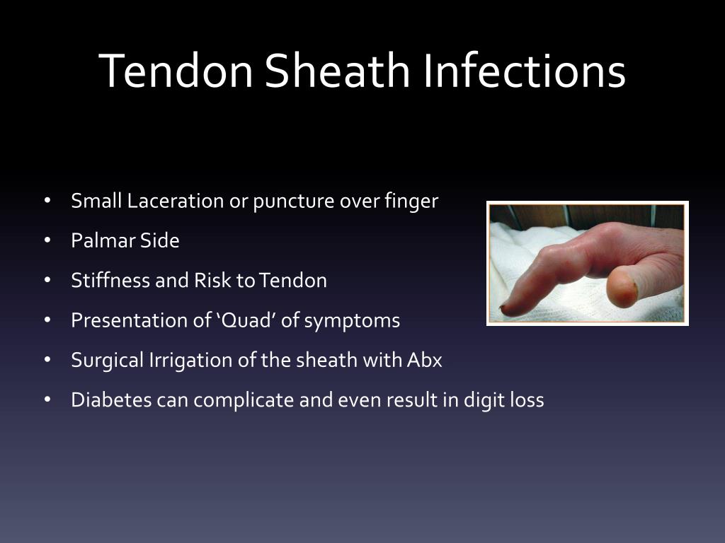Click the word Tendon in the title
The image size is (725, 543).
pos(176,71)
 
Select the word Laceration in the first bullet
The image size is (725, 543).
pos(176,201)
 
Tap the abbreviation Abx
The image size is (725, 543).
pos(425,360)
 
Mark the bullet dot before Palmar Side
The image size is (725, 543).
pos(47,240)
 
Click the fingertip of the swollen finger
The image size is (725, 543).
pos(506,310)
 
